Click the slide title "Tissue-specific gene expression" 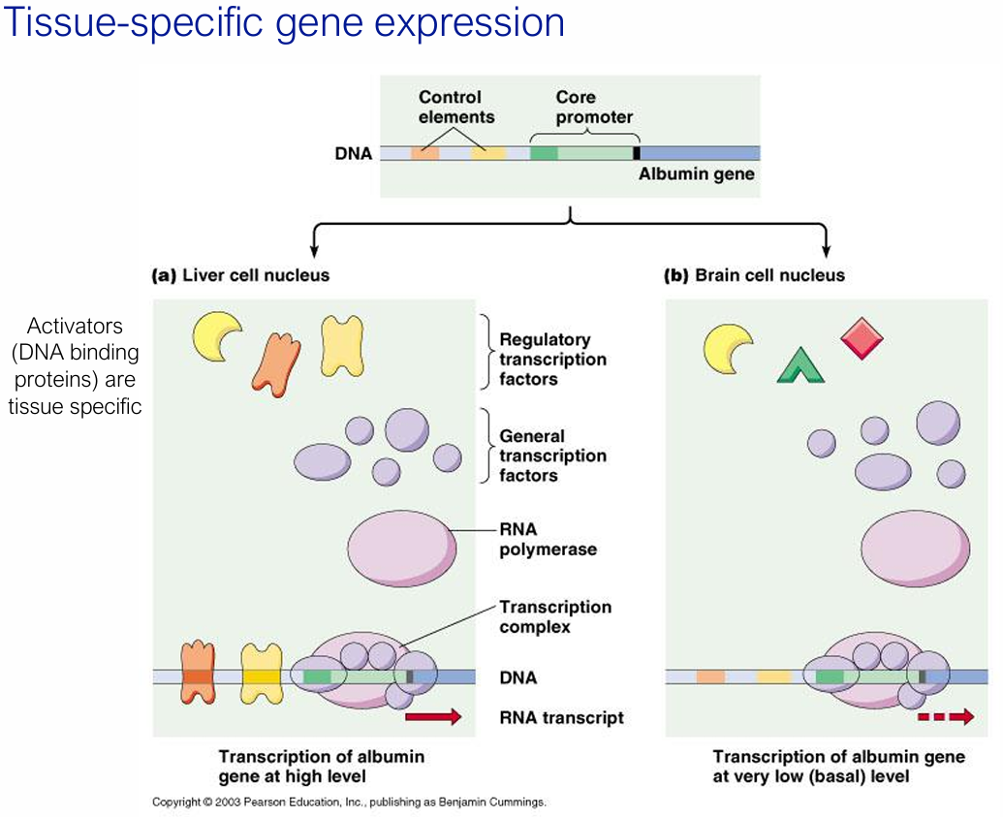[284, 23]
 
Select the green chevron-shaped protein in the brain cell [800, 365]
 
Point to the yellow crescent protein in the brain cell [727, 349]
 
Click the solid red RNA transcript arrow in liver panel [433, 717]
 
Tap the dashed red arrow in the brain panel [945, 717]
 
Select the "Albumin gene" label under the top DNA [696, 175]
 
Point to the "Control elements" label [455, 108]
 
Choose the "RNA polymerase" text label [548, 540]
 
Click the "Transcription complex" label [554, 616]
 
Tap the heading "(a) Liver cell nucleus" [240, 275]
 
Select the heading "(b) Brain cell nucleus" [754, 275]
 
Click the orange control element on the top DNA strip [424, 153]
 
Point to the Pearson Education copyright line [349, 802]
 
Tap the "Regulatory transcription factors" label [552, 360]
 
